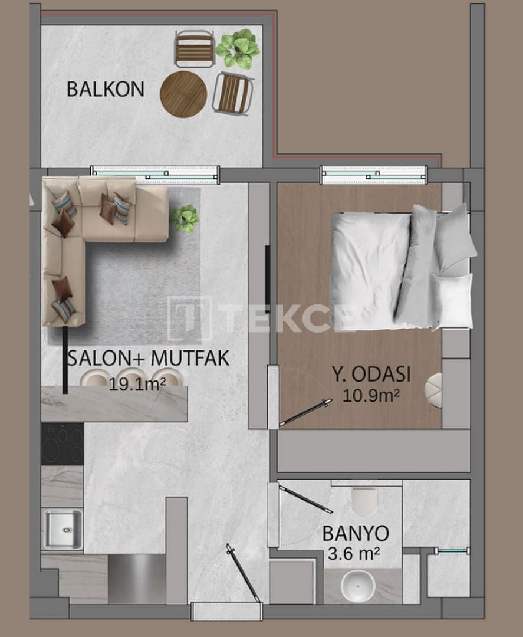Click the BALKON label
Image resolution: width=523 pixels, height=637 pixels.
tap(105, 89)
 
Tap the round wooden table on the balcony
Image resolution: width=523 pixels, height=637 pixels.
tap(183, 94)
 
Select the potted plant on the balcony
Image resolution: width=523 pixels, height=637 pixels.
tap(238, 48)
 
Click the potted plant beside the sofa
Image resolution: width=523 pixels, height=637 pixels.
tap(185, 218)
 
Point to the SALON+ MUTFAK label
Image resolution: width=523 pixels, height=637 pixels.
tap(149, 358)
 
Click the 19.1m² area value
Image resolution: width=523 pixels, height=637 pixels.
tap(137, 385)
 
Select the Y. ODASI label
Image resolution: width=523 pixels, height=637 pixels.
tap(370, 375)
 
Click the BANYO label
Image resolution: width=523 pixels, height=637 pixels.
tap(355, 533)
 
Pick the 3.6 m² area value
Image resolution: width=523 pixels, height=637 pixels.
tap(352, 554)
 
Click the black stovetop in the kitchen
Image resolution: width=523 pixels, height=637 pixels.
tap(62, 444)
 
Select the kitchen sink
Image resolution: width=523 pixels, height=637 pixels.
tap(63, 529)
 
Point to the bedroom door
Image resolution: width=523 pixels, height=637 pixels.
tap(305, 412)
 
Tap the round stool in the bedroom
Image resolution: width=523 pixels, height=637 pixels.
tap(435, 390)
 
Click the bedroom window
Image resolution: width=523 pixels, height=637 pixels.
tap(373, 175)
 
